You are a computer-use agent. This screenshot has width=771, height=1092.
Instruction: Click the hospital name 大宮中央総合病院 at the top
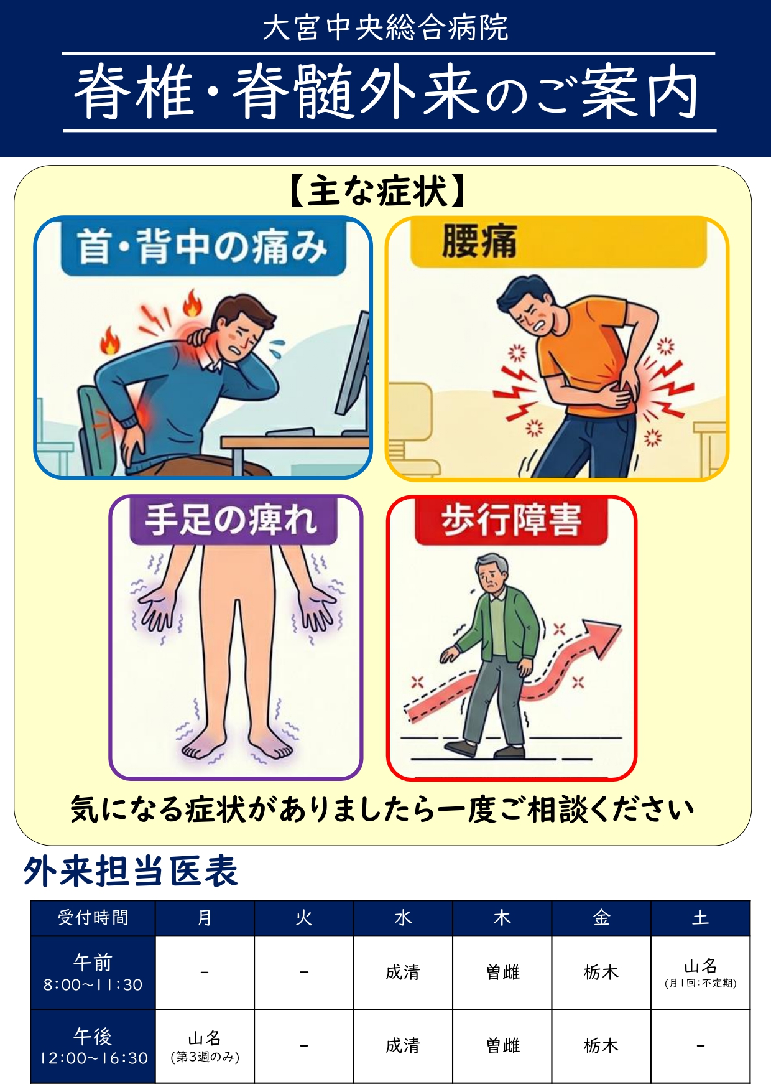pos(386,28)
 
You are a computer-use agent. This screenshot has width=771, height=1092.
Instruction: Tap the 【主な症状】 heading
pos(377,191)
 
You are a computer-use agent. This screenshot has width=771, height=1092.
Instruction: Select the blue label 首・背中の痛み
pos(202,246)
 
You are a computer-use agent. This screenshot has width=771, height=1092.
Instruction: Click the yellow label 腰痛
pos(479,241)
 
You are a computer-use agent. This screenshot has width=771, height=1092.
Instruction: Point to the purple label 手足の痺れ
pos(231,520)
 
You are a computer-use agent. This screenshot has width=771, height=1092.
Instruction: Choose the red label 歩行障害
pos(511,520)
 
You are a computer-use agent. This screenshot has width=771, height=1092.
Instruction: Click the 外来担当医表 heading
pos(131,871)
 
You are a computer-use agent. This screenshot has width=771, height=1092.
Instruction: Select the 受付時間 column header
pos(93,918)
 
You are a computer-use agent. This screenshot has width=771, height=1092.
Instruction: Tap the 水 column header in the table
pos(403,918)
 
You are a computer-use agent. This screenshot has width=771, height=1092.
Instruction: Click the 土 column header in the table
pos(700,918)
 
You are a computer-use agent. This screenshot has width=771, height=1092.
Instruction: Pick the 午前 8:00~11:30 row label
pos(93,973)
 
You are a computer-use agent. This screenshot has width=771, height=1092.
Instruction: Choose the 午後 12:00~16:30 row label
pos(93,1046)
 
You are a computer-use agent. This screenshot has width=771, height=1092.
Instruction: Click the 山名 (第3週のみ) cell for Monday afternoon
pos(205,1046)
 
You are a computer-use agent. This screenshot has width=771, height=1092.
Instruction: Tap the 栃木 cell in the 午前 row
pos(601,972)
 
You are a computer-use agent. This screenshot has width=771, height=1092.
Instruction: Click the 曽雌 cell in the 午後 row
pos(502,1045)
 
